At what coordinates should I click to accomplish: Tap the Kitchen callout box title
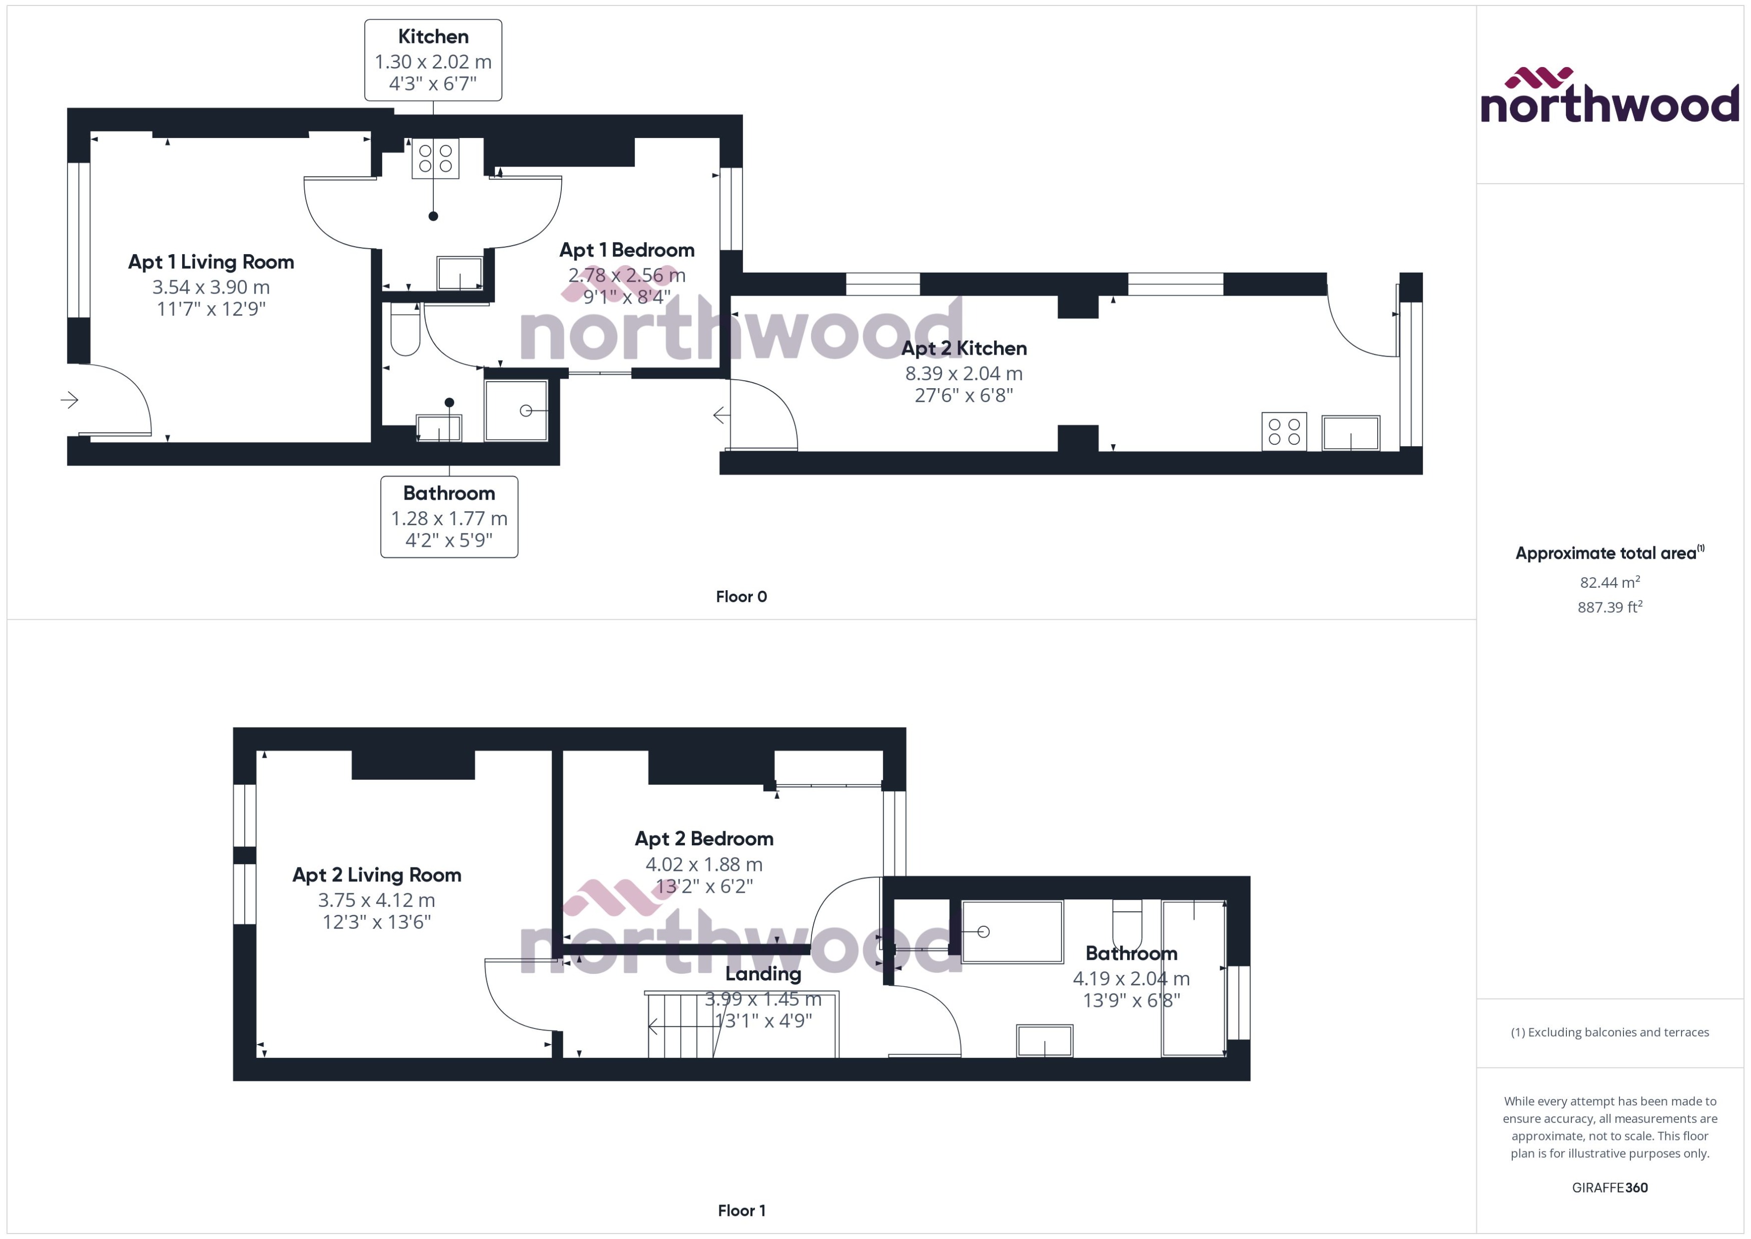click(433, 37)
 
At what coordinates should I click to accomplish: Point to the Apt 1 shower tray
click(516, 411)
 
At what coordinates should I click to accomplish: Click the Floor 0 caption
click(741, 597)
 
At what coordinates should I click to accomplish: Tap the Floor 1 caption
click(741, 1210)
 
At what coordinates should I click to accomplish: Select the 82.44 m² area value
click(1609, 582)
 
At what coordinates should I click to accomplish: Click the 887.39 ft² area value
click(1609, 607)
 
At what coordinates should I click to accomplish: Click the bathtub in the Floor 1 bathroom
click(1012, 931)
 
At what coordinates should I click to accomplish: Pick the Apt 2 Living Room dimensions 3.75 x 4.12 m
click(376, 900)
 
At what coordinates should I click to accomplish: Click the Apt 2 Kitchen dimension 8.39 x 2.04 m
click(964, 374)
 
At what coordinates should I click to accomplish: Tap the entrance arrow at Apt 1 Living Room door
click(70, 400)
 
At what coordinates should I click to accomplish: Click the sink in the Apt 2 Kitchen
click(1350, 433)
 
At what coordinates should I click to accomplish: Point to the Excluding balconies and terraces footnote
click(1609, 1032)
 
